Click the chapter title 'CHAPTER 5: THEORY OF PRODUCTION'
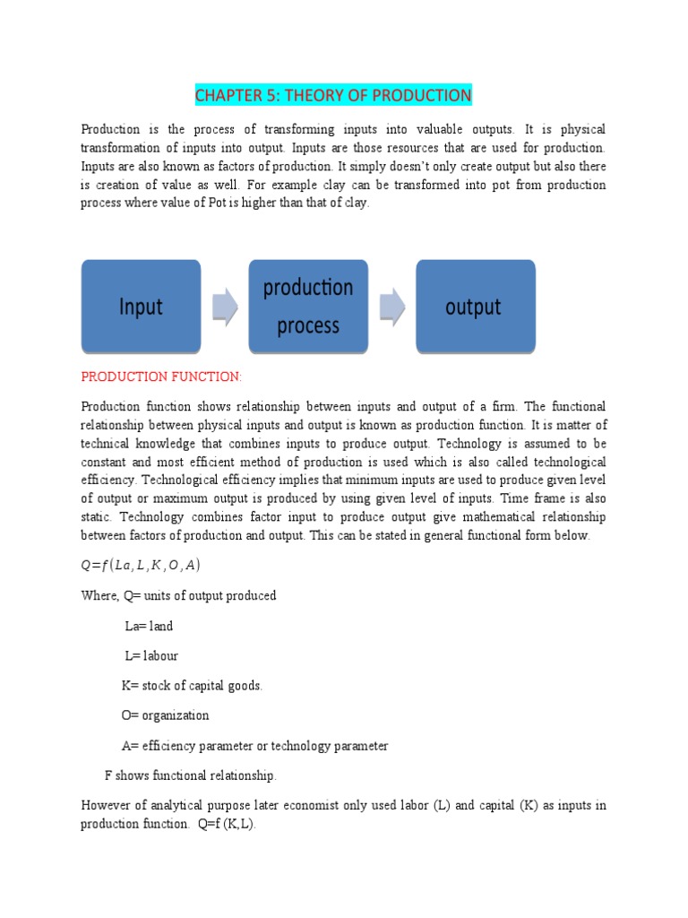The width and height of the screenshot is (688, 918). pos(333,95)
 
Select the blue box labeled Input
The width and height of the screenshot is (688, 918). pos(141,307)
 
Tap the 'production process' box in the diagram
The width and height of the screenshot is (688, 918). pos(308,307)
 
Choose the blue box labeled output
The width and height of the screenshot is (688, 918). pos(475,307)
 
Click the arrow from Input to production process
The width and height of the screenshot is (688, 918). pos(224,307)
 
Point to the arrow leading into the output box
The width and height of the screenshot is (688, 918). pos(391,307)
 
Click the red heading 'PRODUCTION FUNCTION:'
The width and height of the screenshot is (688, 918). pos(161,377)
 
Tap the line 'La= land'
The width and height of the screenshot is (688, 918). pos(149,627)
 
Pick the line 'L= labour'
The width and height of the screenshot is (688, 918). pos(151,656)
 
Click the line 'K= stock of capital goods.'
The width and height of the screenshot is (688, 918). pos(192,686)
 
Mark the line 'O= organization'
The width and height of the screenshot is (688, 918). pos(165,715)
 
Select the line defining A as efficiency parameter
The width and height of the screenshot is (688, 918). pos(254,746)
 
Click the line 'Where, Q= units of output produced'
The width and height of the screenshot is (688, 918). pos(178,596)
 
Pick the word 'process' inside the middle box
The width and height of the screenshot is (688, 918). pos(308,326)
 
